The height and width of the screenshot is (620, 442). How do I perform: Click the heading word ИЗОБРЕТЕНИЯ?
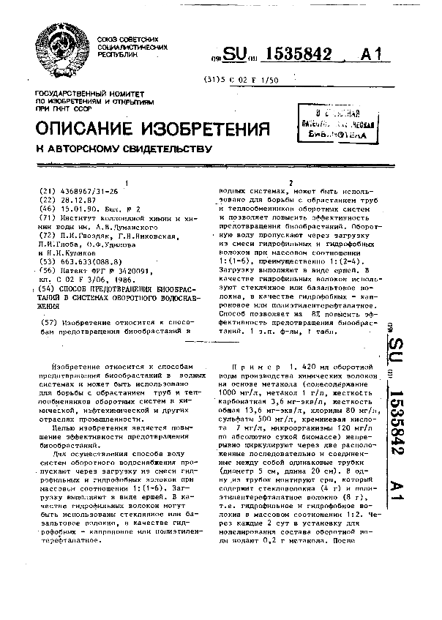[192, 129]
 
